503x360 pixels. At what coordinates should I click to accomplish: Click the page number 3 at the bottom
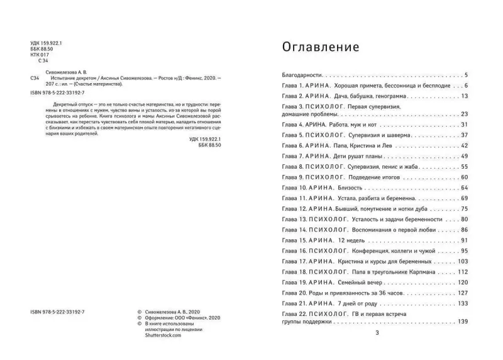click(x=376, y=334)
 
